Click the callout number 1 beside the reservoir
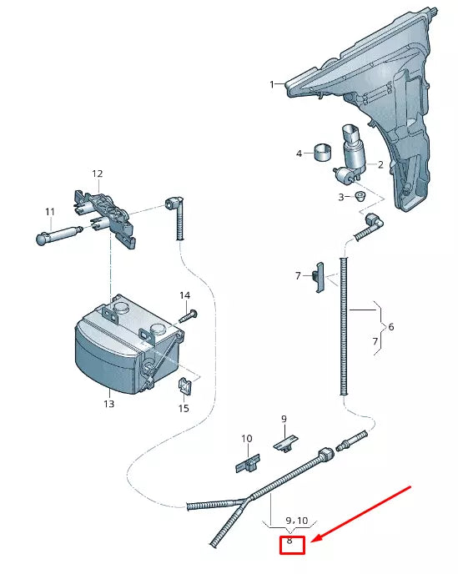[272, 84]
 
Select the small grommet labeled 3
[360, 196]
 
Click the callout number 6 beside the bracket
[391, 326]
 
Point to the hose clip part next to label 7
[318, 277]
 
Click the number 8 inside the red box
[289, 541]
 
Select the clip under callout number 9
[285, 443]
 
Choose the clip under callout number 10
[248, 463]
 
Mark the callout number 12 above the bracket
[98, 174]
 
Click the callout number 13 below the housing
[108, 404]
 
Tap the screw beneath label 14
[189, 316]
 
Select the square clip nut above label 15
[185, 386]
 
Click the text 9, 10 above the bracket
[297, 521]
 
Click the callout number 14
[185, 295]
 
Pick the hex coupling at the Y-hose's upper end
[325, 455]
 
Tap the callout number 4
[299, 154]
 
